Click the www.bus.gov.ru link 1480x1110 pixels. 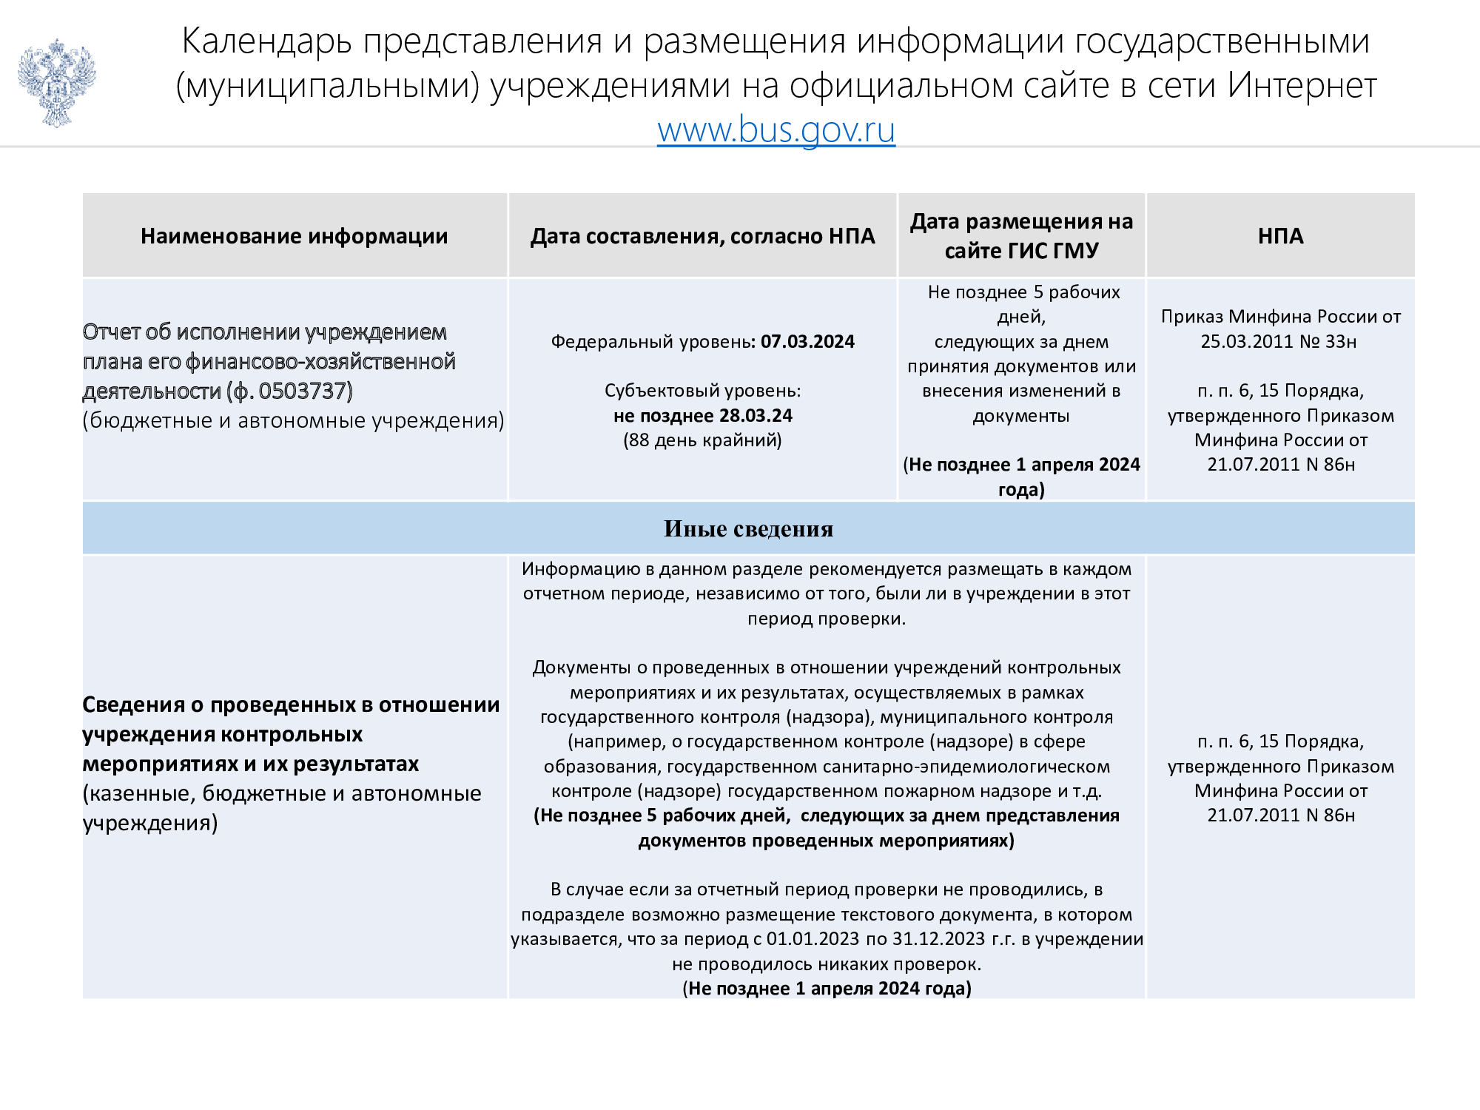(776, 130)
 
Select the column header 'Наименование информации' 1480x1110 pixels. (294, 236)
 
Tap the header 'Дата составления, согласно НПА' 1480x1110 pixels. (702, 236)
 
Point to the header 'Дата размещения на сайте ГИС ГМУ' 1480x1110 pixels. (1021, 236)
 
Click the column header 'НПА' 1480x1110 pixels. (1280, 236)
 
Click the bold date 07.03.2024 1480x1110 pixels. (807, 342)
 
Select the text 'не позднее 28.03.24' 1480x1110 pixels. (702, 416)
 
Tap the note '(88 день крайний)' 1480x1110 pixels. (702, 440)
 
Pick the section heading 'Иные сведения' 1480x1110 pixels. (748, 529)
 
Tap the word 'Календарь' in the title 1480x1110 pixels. (266, 41)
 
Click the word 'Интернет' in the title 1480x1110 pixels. (1302, 86)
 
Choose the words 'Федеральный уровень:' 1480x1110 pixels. (653, 342)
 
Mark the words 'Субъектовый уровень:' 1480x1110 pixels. (702, 391)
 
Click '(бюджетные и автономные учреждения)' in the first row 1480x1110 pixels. (293, 420)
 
